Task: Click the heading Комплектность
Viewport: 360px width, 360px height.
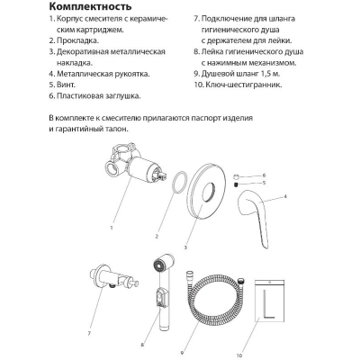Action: [90, 6]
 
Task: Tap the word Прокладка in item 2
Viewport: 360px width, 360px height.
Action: [77, 40]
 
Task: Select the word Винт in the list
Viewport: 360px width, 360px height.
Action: [66, 85]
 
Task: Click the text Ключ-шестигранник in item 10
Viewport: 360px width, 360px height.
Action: [244, 85]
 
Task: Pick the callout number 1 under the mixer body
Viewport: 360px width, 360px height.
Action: [112, 228]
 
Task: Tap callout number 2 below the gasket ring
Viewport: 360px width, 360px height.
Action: [157, 237]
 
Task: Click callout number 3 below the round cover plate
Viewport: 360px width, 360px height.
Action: [185, 247]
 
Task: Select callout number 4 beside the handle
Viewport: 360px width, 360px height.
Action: [285, 197]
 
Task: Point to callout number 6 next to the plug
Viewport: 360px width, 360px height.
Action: [264, 175]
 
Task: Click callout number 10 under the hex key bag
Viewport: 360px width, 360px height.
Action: [239, 355]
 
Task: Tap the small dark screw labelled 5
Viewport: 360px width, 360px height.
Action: [236, 184]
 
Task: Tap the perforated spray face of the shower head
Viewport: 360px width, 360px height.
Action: [157, 266]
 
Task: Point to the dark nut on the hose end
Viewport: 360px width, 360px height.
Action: [240, 282]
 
